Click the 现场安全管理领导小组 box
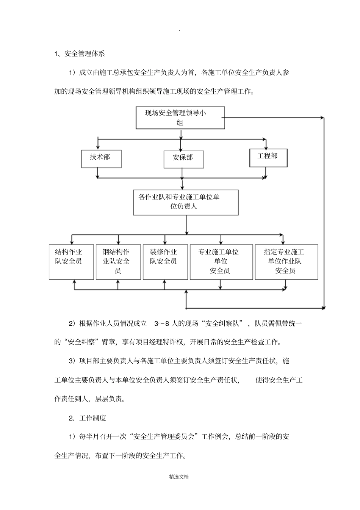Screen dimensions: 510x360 (180, 118)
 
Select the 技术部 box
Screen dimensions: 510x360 (101, 158)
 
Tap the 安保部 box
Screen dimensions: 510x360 (183, 159)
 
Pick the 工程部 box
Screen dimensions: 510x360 (268, 158)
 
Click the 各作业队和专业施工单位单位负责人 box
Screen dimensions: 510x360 (186, 202)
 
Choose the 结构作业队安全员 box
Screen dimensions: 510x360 (71, 262)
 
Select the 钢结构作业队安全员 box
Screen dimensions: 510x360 (118, 262)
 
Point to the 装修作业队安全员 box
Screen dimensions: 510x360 (165, 262)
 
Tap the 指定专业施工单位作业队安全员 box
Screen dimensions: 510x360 (286, 262)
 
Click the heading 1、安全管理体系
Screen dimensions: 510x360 (80, 54)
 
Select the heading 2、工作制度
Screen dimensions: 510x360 (88, 418)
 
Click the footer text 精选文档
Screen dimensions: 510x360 (179, 477)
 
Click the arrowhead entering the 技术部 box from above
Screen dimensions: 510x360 (98, 148)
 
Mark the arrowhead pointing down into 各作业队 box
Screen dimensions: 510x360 (183, 187)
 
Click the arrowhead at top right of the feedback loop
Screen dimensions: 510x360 (323, 118)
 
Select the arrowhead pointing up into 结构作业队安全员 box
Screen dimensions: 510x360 (74, 282)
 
